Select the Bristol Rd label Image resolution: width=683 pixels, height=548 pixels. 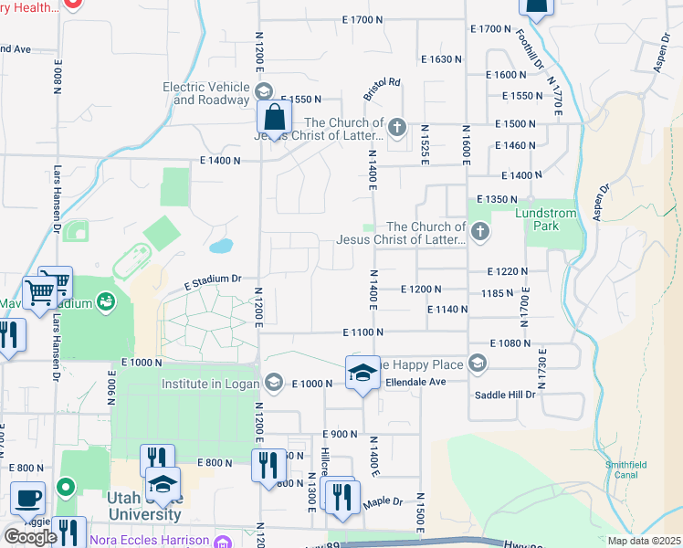point(382,89)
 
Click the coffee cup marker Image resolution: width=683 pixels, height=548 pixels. point(27,499)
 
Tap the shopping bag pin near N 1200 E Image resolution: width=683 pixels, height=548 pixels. point(274,118)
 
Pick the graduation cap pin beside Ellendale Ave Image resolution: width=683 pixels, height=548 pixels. point(363,373)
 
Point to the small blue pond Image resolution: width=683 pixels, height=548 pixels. point(220,246)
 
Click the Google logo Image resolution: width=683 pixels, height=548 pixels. point(30,537)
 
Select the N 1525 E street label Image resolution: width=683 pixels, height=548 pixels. point(425,145)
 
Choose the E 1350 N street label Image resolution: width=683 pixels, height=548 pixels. point(498,199)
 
